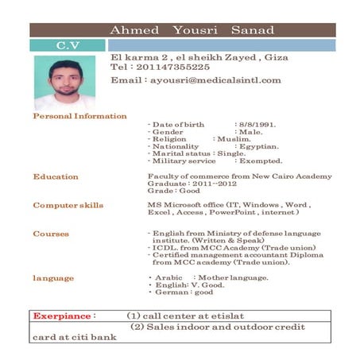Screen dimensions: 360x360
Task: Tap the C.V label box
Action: click(x=67, y=45)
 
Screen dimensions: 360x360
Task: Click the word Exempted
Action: click(x=259, y=161)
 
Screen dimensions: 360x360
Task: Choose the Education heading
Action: click(x=56, y=176)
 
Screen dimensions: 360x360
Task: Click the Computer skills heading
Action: click(x=68, y=206)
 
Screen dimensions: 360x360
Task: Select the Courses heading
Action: click(x=51, y=234)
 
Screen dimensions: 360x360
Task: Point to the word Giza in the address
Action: click(x=275, y=57)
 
